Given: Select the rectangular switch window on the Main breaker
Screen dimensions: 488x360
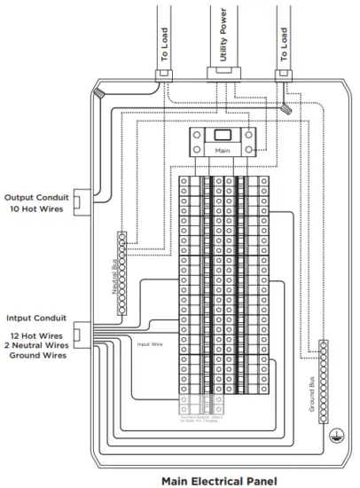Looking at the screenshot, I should (x=223, y=135).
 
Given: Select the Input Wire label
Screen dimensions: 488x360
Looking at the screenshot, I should (x=148, y=341).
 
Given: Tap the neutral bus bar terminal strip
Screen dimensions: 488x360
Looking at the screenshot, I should (x=122, y=273).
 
